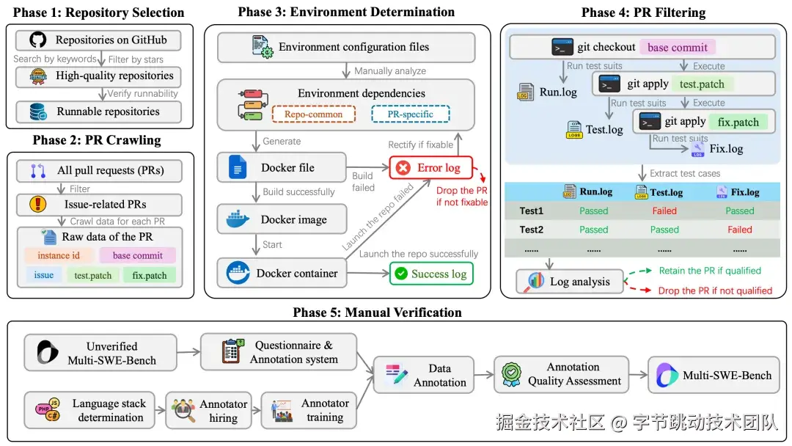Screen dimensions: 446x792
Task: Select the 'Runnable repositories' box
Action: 98,111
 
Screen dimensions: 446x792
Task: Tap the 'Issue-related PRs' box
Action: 99,204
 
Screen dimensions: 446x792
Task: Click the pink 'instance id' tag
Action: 59,255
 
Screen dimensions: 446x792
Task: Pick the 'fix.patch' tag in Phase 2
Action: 150,276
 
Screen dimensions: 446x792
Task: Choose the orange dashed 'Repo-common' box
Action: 314,114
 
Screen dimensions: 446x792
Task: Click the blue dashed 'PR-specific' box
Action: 410,114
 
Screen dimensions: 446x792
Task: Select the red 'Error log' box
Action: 431,168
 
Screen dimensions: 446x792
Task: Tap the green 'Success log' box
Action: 431,274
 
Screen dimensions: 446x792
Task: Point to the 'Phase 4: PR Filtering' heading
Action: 643,12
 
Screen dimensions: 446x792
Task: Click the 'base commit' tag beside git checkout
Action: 677,48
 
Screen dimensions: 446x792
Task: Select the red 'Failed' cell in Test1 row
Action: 664,211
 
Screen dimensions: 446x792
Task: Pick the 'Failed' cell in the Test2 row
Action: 739,230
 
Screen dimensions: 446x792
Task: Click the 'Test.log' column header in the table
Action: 664,192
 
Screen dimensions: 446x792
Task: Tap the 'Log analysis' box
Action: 569,282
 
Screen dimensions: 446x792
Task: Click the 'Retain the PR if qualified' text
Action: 709,271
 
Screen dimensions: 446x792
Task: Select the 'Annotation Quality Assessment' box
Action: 562,374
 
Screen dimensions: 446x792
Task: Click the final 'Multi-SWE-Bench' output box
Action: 715,375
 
